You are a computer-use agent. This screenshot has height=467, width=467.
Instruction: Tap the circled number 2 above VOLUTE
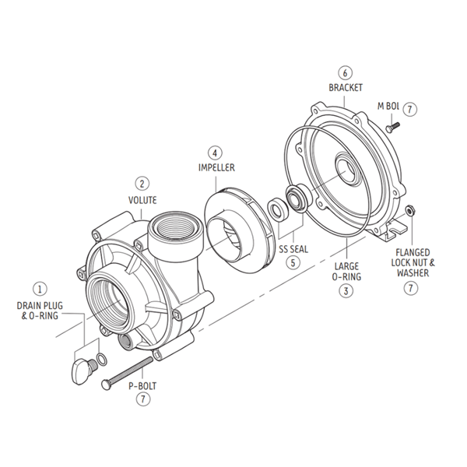coord(142,184)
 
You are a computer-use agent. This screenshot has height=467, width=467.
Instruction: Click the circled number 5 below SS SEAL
coord(293,262)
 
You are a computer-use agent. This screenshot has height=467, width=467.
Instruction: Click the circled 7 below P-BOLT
coord(142,399)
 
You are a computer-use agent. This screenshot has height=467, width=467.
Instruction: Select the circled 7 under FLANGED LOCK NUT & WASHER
coord(411,289)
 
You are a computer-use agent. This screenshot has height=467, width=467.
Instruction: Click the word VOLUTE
coord(142,199)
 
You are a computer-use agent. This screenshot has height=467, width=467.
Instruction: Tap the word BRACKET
coord(344,89)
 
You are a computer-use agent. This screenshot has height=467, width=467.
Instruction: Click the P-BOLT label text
coord(142,384)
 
